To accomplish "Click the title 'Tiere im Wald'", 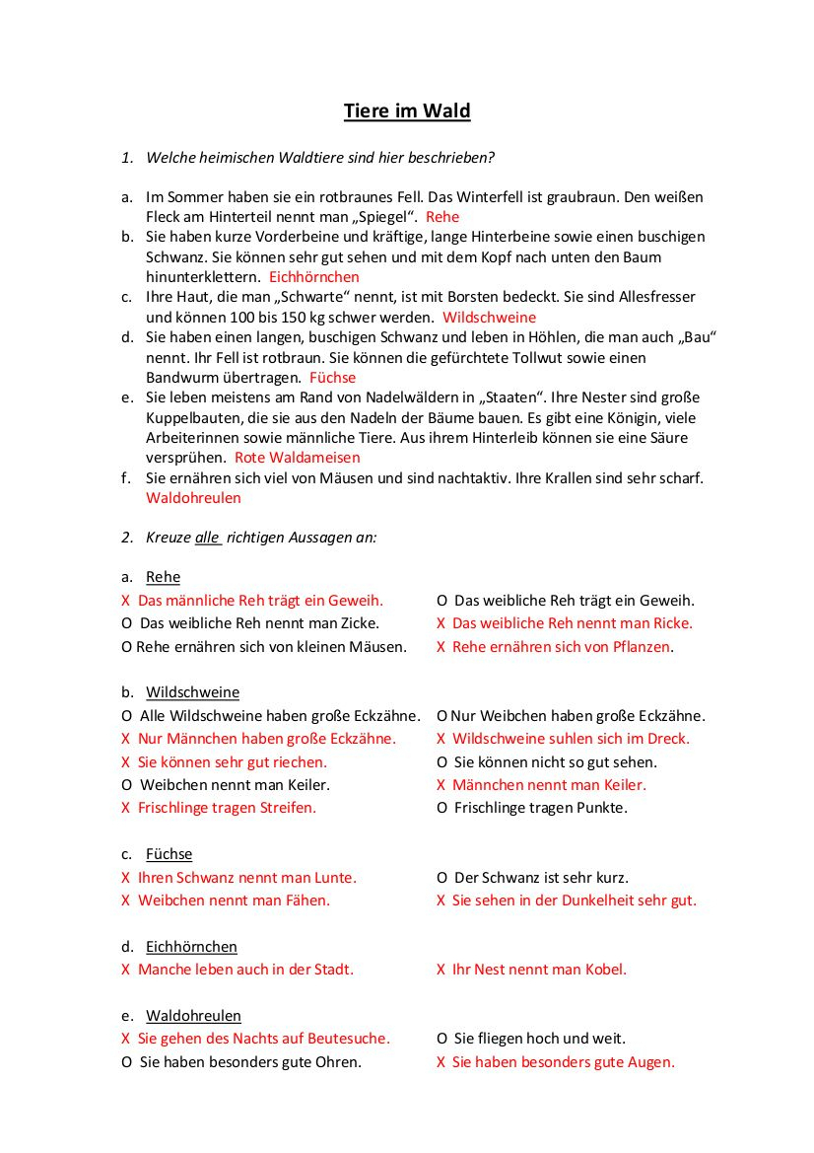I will pyautogui.click(x=407, y=110).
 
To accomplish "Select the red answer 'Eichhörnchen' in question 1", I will pyautogui.click(x=313, y=277).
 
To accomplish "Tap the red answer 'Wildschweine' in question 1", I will pyautogui.click(x=489, y=318).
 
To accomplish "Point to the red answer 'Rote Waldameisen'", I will pyautogui.click(x=297, y=458).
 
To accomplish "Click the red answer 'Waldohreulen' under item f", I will pyautogui.click(x=193, y=498).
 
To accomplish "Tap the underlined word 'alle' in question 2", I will pyautogui.click(x=207, y=538).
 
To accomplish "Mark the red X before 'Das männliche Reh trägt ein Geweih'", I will pyautogui.click(x=125, y=601).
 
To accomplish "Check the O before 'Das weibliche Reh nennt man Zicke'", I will pyautogui.click(x=126, y=623).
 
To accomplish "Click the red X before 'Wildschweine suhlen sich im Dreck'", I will pyautogui.click(x=441, y=739).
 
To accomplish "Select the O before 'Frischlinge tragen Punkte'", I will pyautogui.click(x=441, y=808).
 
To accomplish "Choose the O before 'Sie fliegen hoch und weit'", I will pyautogui.click(x=441, y=1039).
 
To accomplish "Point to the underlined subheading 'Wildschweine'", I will pyautogui.click(x=192, y=692).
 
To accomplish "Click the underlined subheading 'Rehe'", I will pyautogui.click(x=163, y=577).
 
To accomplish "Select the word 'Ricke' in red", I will pyautogui.click(x=670, y=623).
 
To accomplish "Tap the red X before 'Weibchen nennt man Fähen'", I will pyautogui.click(x=125, y=901).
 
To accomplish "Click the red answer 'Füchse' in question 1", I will pyautogui.click(x=332, y=378).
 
